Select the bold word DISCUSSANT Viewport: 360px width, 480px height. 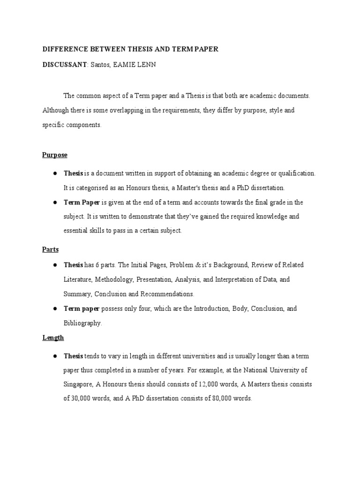click(x=64, y=65)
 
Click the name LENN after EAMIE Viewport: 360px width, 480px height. click(x=146, y=65)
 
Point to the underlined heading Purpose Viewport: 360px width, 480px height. click(x=55, y=155)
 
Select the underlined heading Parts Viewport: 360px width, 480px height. click(x=51, y=249)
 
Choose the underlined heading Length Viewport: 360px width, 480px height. click(x=53, y=337)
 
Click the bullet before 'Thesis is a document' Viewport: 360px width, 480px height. click(x=55, y=173)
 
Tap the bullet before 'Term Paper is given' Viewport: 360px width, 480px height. click(x=55, y=202)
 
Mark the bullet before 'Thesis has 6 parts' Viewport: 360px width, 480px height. click(x=55, y=264)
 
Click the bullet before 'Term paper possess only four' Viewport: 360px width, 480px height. click(x=55, y=308)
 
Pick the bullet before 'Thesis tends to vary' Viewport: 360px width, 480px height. click(x=55, y=356)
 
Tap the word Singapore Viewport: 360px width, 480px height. click(x=78, y=385)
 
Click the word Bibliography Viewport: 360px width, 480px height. click(x=82, y=323)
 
